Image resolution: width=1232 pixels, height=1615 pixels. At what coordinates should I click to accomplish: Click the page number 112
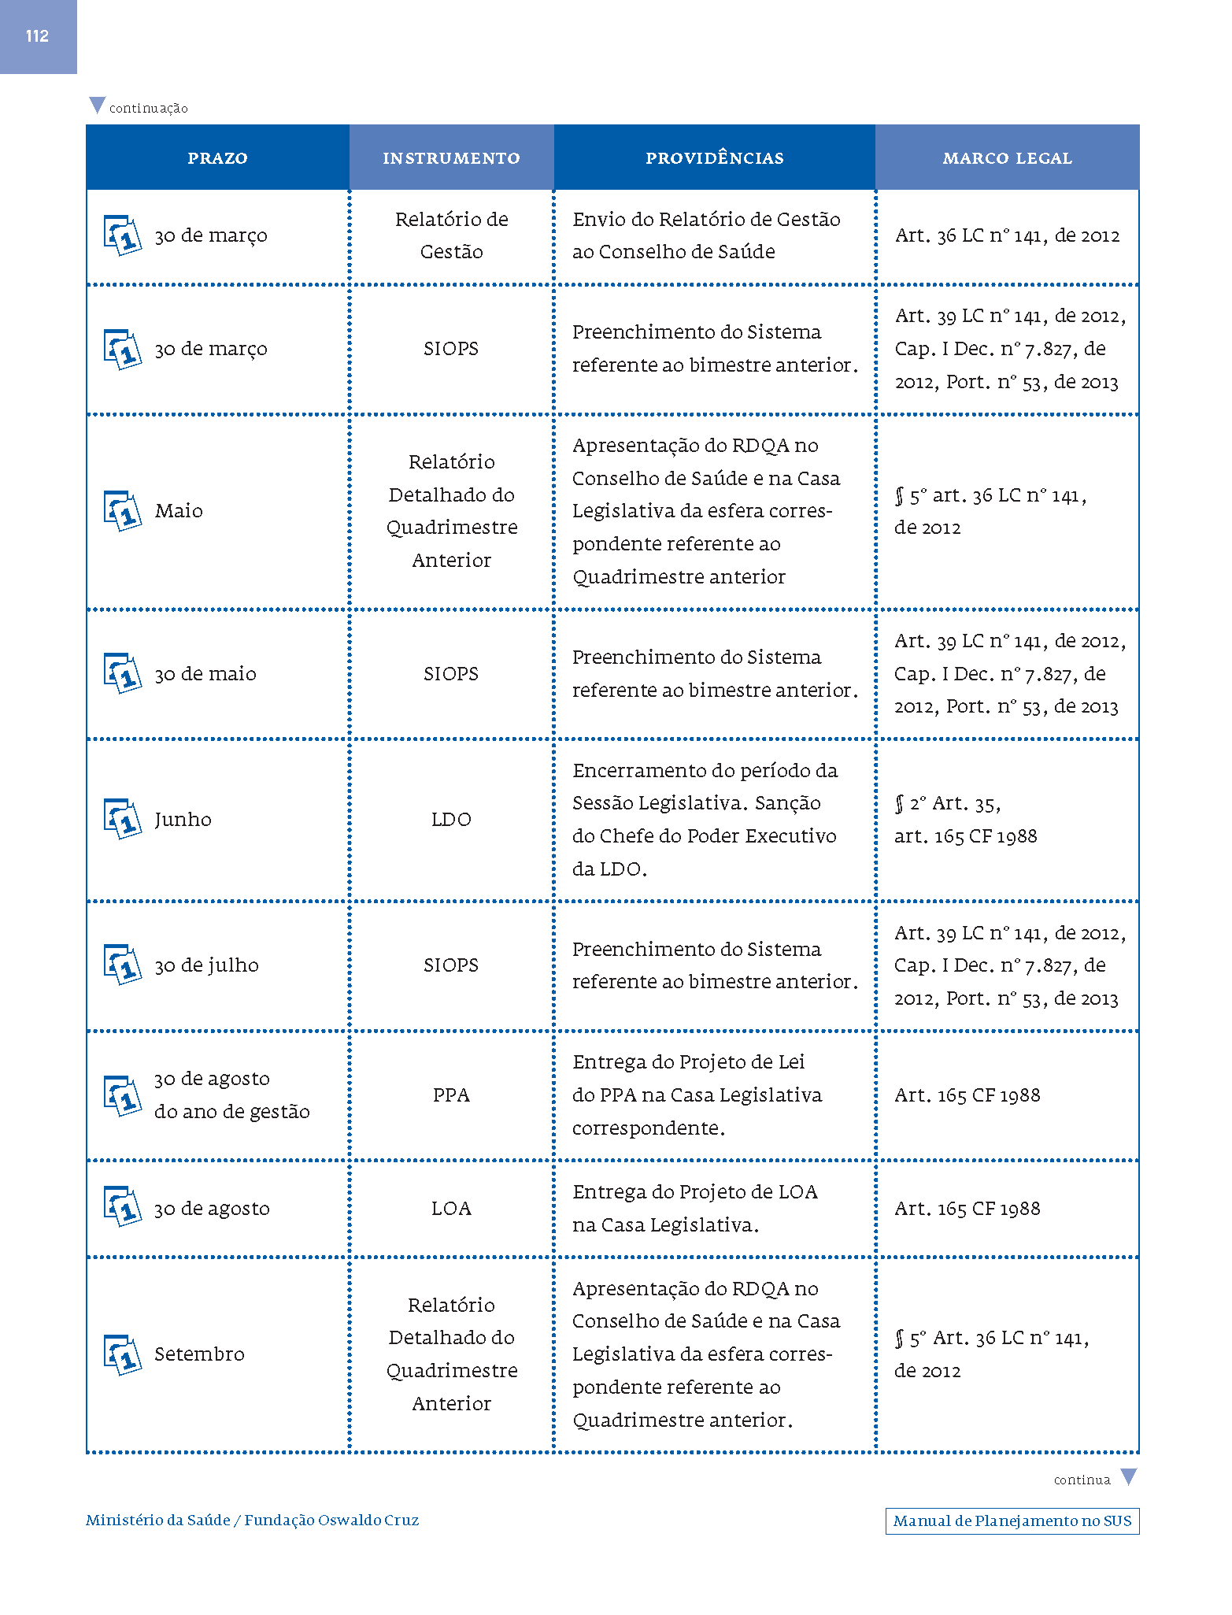[37, 36]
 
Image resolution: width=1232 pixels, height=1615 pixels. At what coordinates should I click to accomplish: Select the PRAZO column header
[217, 158]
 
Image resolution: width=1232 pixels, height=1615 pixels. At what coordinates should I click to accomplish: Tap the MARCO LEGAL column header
[1007, 158]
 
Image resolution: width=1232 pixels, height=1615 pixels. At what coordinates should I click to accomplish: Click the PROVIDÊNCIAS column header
[714, 158]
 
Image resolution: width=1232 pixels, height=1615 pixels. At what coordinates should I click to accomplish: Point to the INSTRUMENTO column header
[451, 158]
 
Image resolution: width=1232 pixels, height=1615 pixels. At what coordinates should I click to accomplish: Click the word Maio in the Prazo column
[179, 511]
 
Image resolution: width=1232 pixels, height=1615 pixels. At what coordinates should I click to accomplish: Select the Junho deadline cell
[183, 820]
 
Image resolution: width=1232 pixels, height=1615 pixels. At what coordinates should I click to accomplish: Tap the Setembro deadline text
[199, 1354]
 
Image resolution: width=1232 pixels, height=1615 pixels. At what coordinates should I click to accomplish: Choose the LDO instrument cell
[451, 820]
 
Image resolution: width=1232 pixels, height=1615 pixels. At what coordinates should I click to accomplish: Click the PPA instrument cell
[451, 1095]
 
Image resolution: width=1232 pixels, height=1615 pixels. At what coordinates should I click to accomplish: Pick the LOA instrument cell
[451, 1209]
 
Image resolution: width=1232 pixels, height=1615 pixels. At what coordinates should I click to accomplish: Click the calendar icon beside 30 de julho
[123, 965]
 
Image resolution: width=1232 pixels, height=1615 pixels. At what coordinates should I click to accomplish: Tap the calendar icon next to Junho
[123, 819]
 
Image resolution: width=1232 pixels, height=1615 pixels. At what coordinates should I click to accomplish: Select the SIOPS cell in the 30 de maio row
[451, 674]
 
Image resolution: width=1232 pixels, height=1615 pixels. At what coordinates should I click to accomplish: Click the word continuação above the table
[149, 109]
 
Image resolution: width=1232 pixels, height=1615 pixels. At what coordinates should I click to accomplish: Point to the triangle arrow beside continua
[1128, 1476]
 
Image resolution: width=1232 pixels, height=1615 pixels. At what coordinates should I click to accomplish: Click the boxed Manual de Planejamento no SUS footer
[1012, 1521]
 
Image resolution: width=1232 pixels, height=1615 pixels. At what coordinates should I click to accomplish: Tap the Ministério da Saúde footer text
[157, 1521]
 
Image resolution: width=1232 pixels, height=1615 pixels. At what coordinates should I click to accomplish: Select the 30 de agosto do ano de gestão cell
[231, 1095]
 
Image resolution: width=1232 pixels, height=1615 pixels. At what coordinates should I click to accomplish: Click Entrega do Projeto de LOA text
[694, 1192]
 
